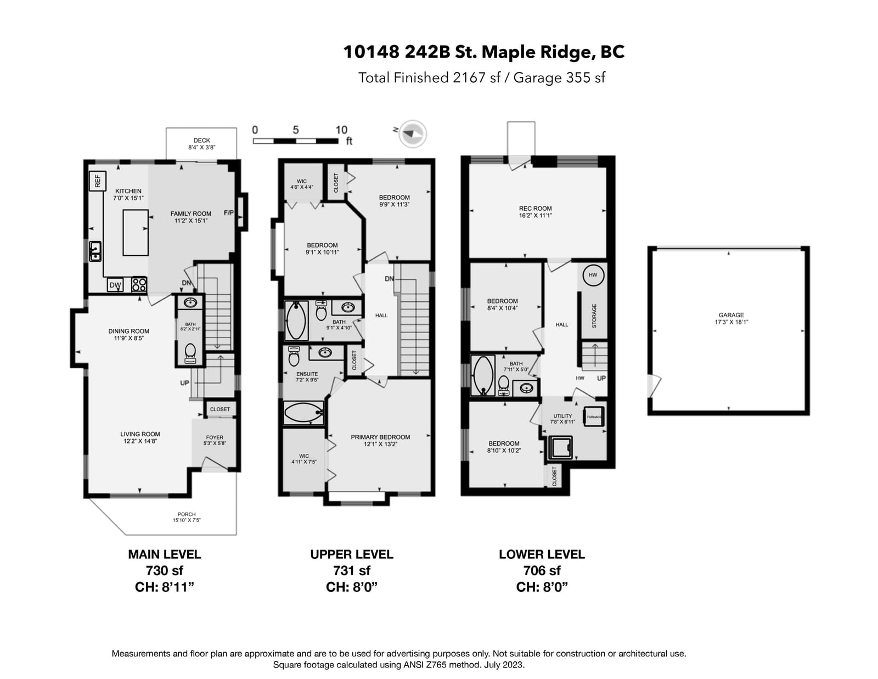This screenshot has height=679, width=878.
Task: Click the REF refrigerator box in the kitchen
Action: [x=97, y=181]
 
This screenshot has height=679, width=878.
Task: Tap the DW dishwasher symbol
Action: [x=115, y=285]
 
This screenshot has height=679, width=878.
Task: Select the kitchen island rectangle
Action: [x=136, y=232]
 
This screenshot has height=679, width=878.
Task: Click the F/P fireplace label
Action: [x=229, y=213]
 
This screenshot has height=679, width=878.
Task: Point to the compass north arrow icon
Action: [x=413, y=133]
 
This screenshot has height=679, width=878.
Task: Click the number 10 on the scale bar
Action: [x=341, y=130]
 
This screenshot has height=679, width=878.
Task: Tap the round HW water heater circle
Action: [x=593, y=275]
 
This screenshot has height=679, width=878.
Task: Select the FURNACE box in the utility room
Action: [x=594, y=417]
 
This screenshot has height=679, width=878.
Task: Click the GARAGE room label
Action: [x=731, y=315]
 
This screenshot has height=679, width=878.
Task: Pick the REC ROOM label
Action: [x=535, y=209]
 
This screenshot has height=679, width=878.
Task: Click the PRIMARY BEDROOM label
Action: [x=380, y=437]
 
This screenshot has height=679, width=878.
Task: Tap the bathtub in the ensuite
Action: [x=303, y=413]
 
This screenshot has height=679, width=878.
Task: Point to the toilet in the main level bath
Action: [x=190, y=353]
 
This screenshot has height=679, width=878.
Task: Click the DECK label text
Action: [x=201, y=140]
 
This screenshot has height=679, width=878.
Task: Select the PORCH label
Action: [x=186, y=514]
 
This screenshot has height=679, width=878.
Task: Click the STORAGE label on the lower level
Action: [x=594, y=316]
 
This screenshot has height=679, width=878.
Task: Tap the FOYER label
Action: [x=215, y=437]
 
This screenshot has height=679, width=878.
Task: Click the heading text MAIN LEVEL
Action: [x=165, y=554]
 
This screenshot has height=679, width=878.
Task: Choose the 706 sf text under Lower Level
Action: [x=542, y=570]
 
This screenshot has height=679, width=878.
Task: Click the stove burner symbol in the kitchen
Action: [x=139, y=284]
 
